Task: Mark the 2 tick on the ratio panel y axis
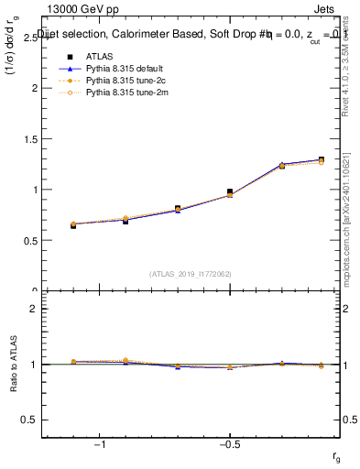coord(35,309)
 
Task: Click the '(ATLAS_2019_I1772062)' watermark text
coord(191,273)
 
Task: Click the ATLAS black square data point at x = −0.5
coord(230,191)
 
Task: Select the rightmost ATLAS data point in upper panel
coord(321,159)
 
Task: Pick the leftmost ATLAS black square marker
coord(73,224)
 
